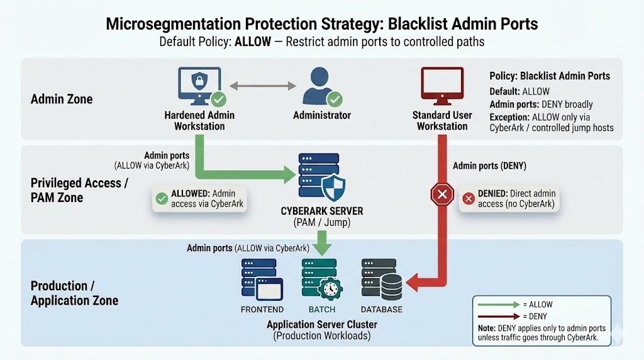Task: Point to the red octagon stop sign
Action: pyautogui.click(x=441, y=196)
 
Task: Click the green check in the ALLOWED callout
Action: pyautogui.click(x=162, y=198)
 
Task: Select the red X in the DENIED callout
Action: pyautogui.click(x=468, y=198)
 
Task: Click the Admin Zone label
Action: pyautogui.click(x=62, y=99)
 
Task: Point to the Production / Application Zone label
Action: pyautogui.click(x=74, y=293)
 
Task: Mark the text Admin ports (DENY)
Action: pyautogui.click(x=489, y=166)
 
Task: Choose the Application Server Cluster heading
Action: pyautogui.click(x=321, y=325)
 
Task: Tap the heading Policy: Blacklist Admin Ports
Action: pyautogui.click(x=550, y=76)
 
